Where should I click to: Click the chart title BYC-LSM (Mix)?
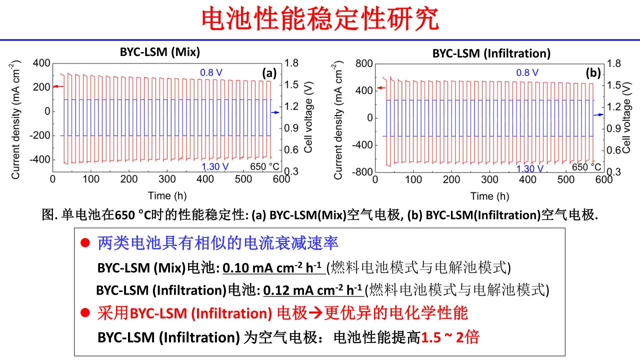coord(159,52)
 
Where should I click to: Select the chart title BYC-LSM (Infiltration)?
coord(491,53)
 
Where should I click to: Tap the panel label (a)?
coord(269,73)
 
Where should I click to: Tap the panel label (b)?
coord(593,73)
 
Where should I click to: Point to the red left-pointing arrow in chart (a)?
coord(58,86)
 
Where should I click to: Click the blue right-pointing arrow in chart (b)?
coord(598,115)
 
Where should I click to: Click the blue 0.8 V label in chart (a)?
coord(211,73)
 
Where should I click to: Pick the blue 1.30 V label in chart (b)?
coord(529,168)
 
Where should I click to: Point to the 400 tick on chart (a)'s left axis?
coord(41,63)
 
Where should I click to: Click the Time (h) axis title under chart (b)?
coord(489,196)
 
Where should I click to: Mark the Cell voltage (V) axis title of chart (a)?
coord(308,118)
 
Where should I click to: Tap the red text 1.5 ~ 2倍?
coord(450,337)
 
